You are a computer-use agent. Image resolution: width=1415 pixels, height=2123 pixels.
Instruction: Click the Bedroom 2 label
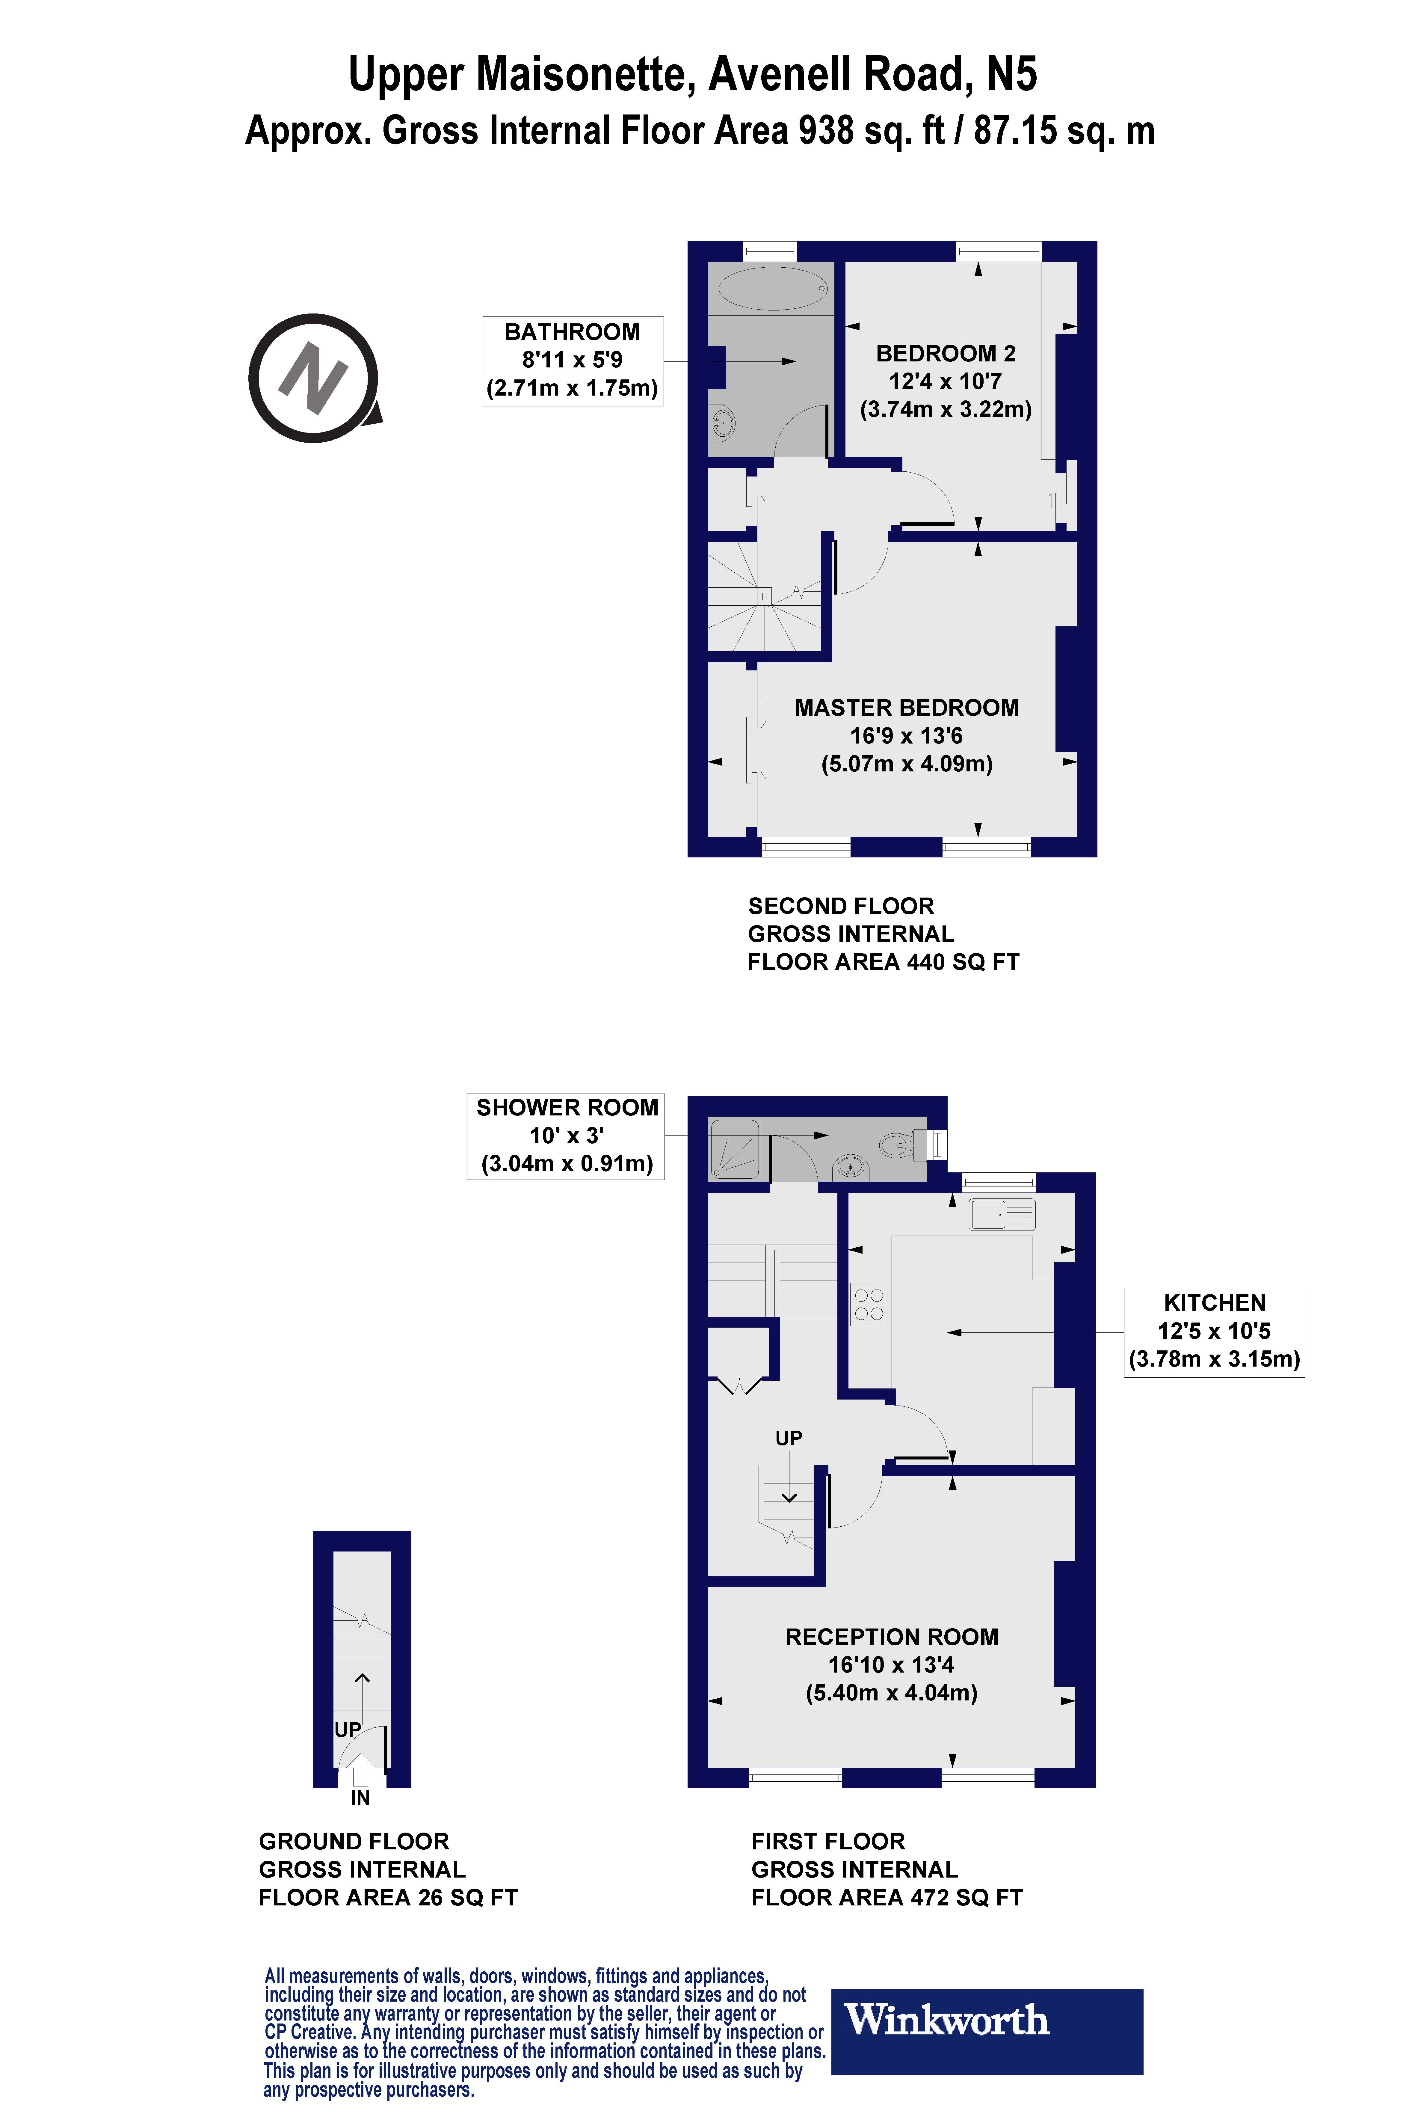tap(945, 354)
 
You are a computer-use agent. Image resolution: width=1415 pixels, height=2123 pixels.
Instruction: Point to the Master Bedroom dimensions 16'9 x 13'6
tap(906, 736)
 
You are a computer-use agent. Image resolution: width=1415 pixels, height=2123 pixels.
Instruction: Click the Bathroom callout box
tap(573, 361)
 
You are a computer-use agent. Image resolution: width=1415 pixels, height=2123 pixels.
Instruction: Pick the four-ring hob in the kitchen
tap(869, 1303)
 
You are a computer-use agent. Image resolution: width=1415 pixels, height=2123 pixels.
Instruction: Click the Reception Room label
tap(892, 1637)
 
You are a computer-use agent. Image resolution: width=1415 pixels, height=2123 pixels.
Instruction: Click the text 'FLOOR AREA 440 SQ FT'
tap(883, 962)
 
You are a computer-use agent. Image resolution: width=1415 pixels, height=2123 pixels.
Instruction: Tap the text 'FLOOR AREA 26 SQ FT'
tap(388, 1897)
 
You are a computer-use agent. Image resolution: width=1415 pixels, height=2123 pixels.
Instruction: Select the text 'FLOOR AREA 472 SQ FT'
tap(886, 1897)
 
